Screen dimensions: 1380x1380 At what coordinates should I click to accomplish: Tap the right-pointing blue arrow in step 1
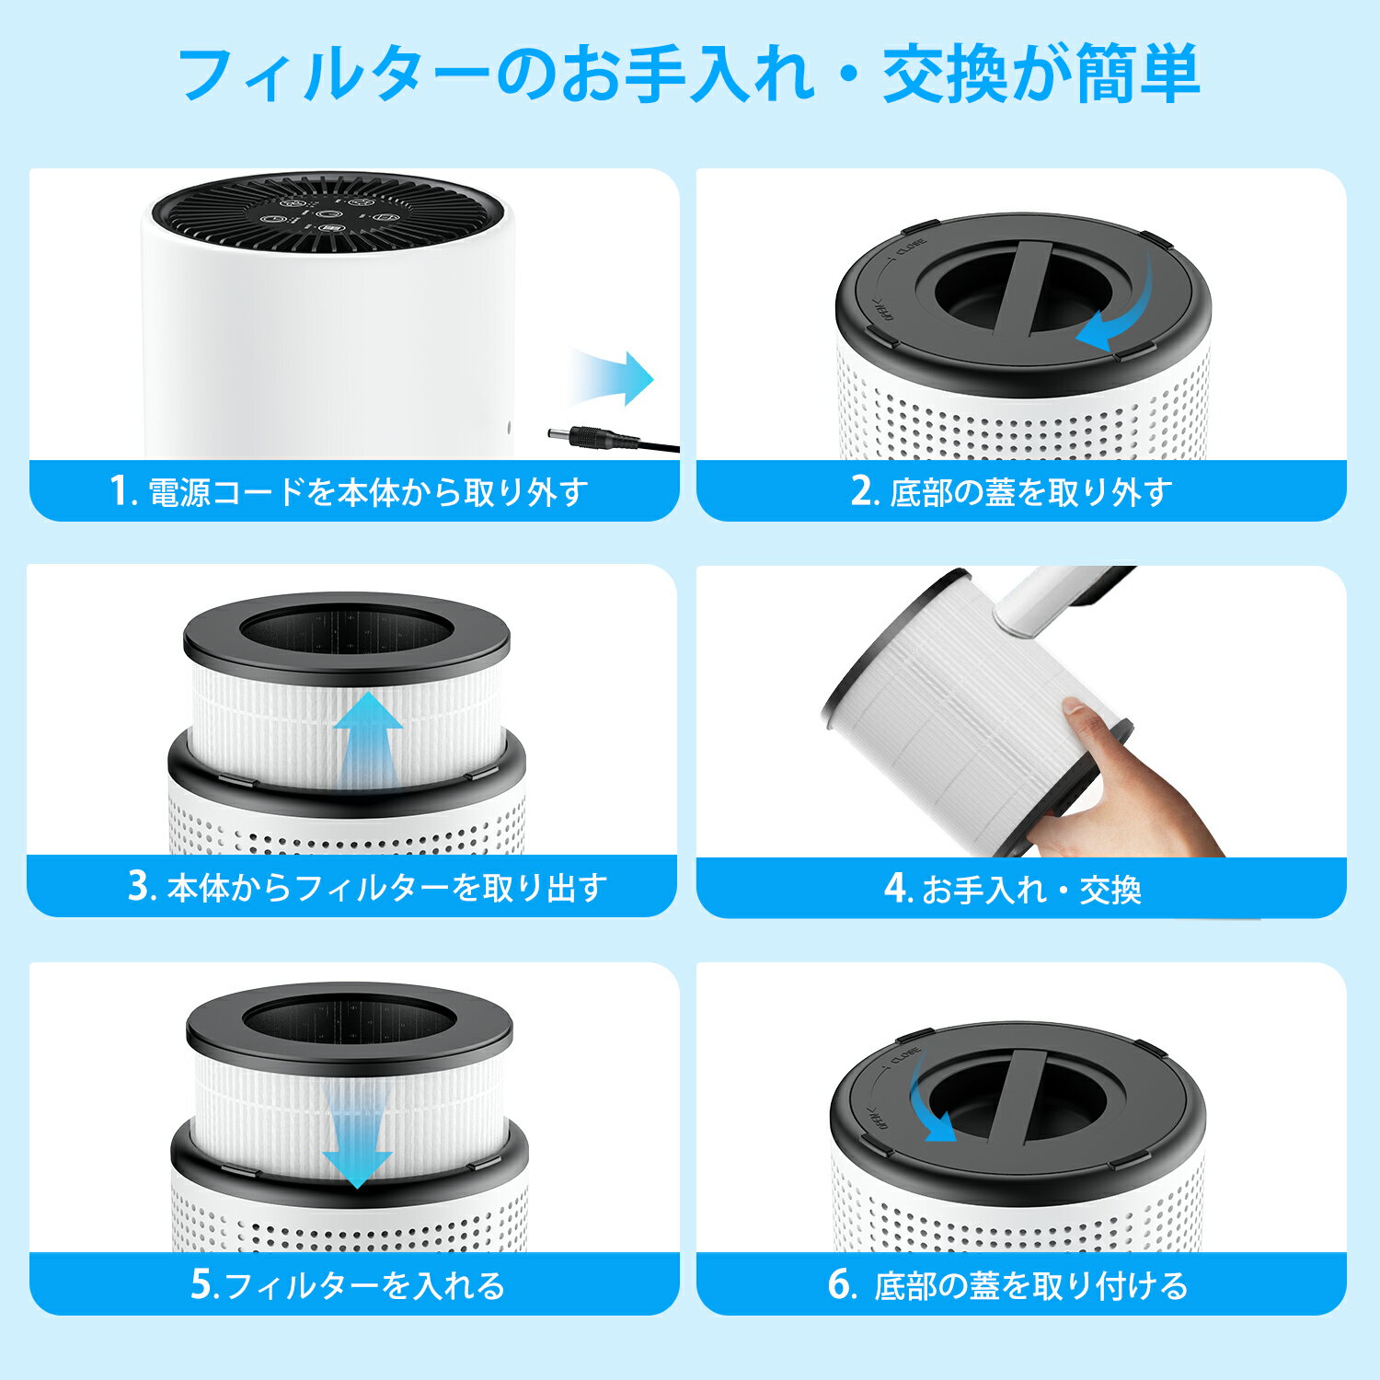point(612,378)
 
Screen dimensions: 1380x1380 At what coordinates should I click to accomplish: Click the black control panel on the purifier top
point(327,216)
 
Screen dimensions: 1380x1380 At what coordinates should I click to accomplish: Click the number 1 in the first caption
point(118,490)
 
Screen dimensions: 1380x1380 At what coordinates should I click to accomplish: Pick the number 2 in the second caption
point(861,490)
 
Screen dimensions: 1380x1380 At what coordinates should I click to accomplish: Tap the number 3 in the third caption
point(139,887)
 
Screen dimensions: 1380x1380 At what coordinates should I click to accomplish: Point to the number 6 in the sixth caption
point(841,1284)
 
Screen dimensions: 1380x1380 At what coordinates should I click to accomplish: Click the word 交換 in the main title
point(947,74)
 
